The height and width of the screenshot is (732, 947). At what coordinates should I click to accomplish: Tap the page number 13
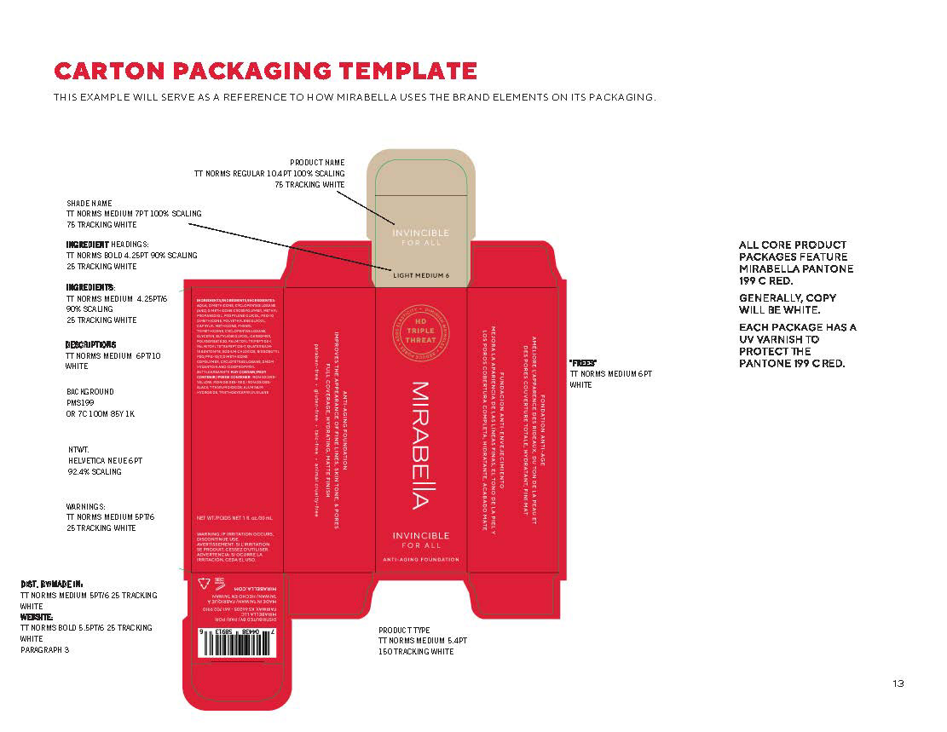(898, 683)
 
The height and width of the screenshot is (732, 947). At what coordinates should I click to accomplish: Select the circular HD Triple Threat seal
(421, 329)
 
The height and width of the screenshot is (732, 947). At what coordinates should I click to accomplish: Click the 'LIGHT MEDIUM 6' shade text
(421, 275)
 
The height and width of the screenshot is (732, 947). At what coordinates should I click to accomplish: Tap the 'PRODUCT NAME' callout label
(317, 162)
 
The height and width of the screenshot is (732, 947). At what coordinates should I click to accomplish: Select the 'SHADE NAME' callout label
(90, 204)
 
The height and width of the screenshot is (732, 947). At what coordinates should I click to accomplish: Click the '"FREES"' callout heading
(582, 363)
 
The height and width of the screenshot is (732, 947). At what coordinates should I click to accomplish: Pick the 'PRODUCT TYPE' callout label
(405, 630)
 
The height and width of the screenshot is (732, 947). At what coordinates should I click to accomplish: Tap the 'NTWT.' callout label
(80, 449)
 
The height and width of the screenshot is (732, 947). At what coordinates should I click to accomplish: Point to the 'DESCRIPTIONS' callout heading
(91, 345)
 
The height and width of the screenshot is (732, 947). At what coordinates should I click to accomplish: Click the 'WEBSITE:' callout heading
(38, 616)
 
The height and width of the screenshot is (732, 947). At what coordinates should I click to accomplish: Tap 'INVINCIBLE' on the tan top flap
(420, 233)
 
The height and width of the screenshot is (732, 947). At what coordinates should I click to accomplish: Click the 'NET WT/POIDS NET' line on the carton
(234, 518)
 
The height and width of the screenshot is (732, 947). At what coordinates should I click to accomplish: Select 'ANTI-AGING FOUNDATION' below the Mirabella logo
(421, 560)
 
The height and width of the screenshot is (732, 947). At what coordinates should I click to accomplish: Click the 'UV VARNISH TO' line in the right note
(779, 339)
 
